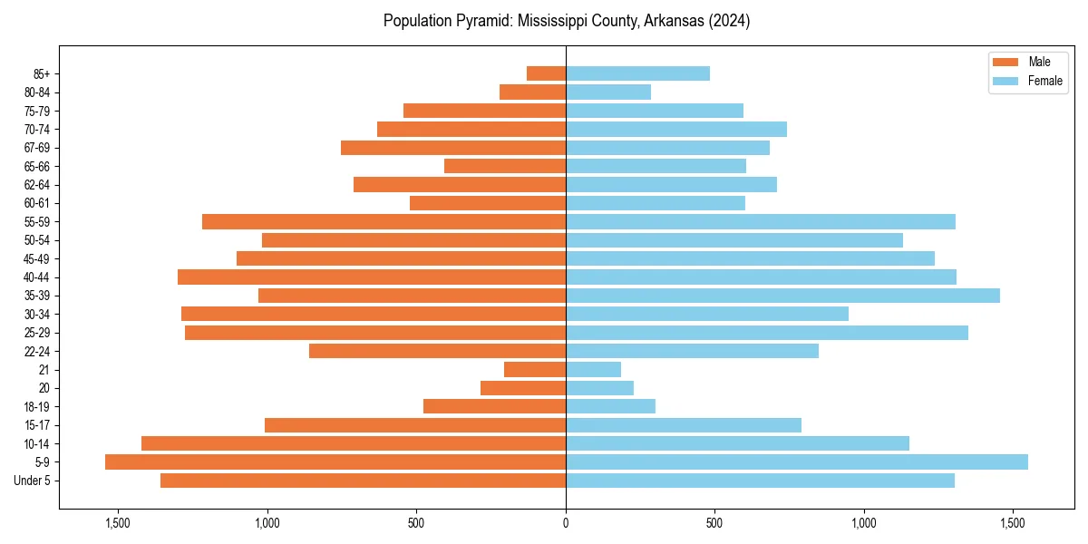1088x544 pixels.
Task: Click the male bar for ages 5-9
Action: tap(335, 462)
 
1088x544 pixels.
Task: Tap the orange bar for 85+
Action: tap(546, 73)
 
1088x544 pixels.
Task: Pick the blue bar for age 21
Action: tap(593, 370)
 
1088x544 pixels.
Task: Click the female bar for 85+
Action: tap(637, 73)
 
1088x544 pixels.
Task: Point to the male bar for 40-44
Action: tap(372, 277)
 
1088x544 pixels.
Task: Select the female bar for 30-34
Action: tap(707, 314)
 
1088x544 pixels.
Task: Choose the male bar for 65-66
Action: tap(505, 166)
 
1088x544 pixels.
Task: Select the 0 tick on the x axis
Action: tap(566, 523)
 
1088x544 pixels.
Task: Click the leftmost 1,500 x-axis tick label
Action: tap(118, 523)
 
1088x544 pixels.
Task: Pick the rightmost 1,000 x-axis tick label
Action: tap(864, 523)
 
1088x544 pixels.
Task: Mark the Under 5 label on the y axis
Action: tap(33, 481)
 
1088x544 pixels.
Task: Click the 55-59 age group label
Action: tap(37, 221)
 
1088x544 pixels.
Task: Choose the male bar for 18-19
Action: tap(494, 406)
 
